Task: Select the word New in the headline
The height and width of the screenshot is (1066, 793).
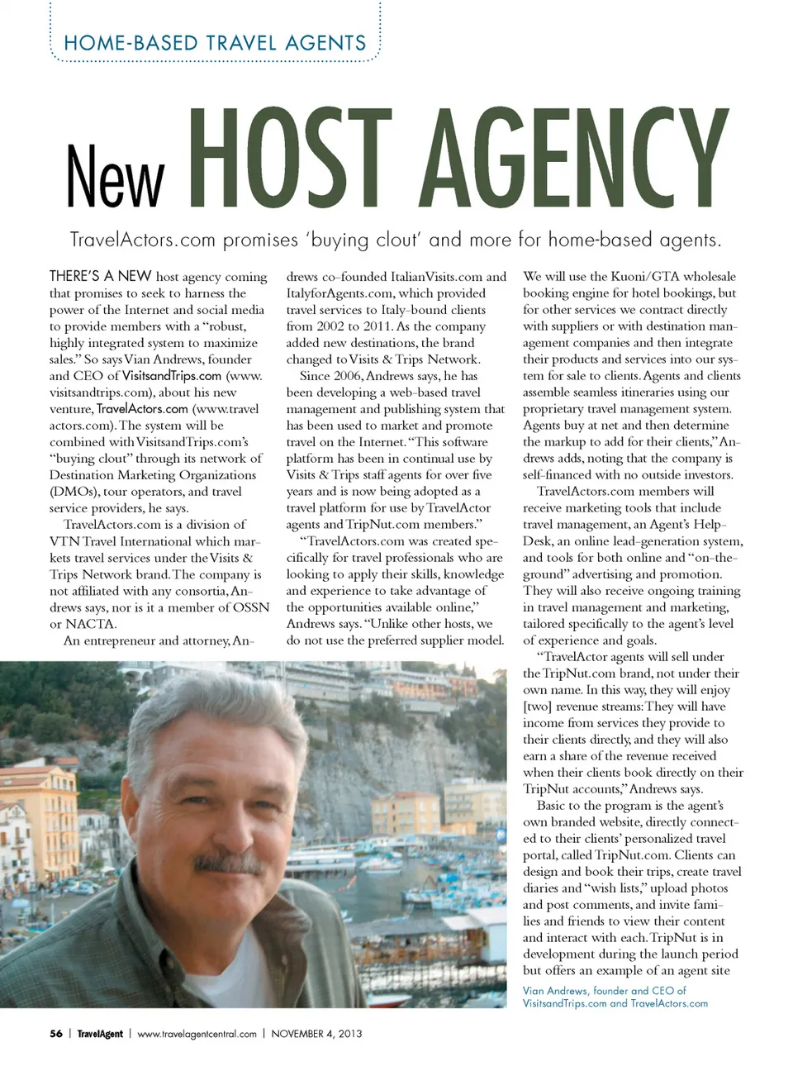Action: pyautogui.click(x=116, y=176)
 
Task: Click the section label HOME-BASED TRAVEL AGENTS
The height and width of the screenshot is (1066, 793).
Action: pyautogui.click(x=215, y=43)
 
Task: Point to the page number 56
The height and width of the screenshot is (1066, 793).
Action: pyautogui.click(x=55, y=1033)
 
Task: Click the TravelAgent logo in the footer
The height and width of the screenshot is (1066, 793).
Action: pyautogui.click(x=100, y=1033)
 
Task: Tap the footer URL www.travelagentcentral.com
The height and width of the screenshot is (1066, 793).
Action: pyautogui.click(x=197, y=1033)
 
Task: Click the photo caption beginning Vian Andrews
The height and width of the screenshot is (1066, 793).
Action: pyautogui.click(x=615, y=997)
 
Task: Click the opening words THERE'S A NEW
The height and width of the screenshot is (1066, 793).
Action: pyautogui.click(x=100, y=277)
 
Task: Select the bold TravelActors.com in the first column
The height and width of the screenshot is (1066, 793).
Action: pyautogui.click(x=142, y=409)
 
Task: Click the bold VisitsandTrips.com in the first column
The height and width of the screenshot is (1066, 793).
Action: pyautogui.click(x=172, y=376)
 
